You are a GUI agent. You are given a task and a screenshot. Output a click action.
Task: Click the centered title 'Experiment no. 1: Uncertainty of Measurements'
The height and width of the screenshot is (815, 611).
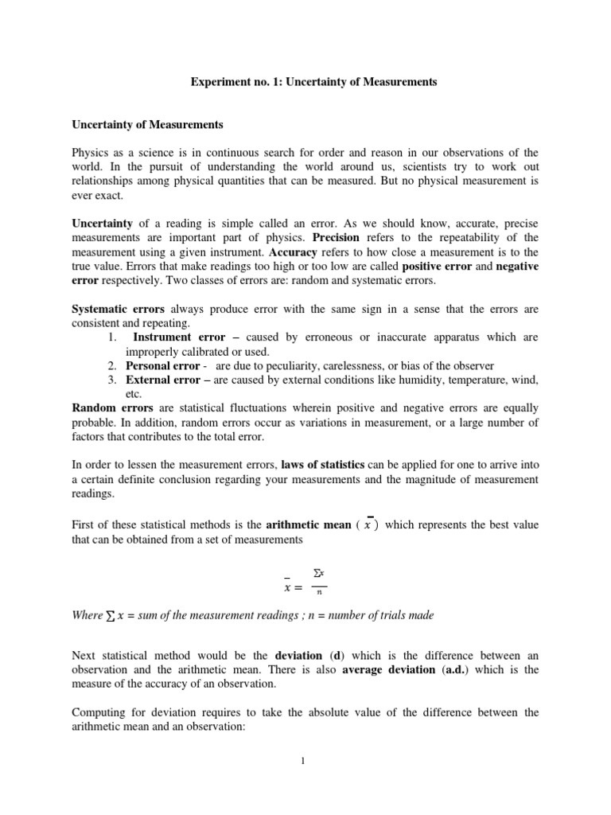(x=305, y=82)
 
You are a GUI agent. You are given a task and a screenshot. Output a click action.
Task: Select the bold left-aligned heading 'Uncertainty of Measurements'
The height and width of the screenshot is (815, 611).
(x=148, y=125)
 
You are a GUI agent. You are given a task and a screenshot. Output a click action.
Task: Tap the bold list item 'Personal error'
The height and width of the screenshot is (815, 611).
(x=163, y=366)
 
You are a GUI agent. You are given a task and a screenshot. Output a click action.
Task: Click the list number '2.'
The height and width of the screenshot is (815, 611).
(x=112, y=366)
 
